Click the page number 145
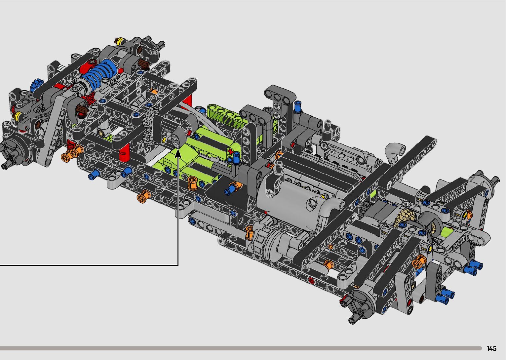(x=491, y=348)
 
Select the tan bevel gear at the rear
(x=406, y=217)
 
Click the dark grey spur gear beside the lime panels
(x=149, y=127)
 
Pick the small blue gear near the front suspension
(x=36, y=84)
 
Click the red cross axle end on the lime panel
(x=230, y=152)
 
